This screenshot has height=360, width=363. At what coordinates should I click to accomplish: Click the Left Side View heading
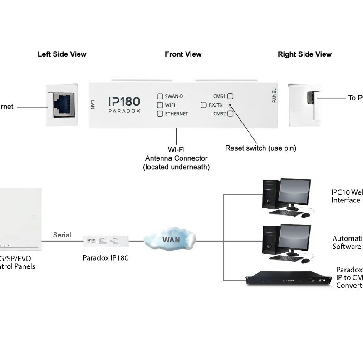62,54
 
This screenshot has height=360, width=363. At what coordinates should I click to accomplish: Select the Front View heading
183,54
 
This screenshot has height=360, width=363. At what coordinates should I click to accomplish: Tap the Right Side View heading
304,54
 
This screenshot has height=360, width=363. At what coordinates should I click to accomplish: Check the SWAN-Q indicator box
160,96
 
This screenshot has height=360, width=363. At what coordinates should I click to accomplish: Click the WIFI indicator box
160,105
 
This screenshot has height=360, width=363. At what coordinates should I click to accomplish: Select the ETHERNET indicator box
160,113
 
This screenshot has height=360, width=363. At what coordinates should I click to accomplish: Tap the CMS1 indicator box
231,96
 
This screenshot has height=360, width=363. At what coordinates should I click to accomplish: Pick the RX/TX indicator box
204,105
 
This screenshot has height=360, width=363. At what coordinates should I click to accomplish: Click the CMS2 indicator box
231,113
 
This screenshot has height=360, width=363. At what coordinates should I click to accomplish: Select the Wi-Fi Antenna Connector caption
176,158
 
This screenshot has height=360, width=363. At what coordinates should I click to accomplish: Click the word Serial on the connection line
62,235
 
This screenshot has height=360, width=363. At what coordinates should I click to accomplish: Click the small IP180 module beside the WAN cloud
105,240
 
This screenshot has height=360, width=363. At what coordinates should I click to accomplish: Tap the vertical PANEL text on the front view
274,95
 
